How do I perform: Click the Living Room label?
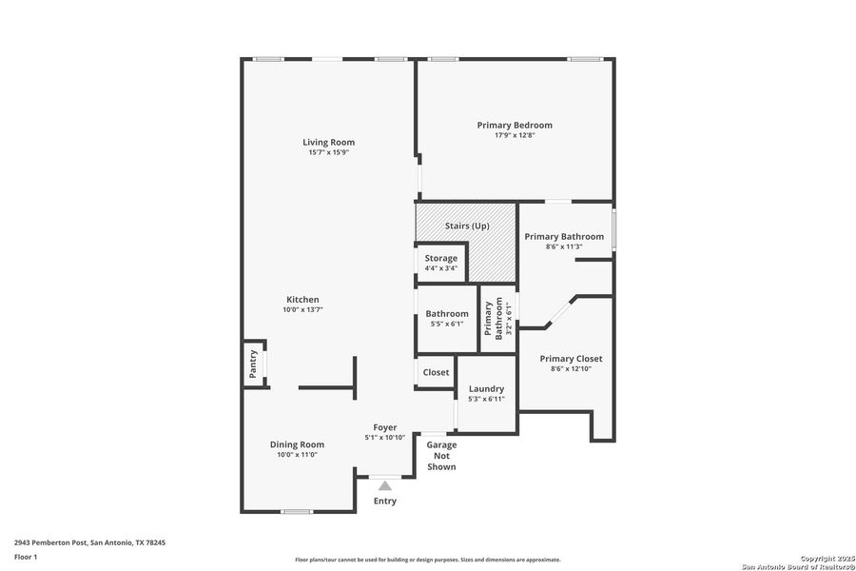(x=329, y=143)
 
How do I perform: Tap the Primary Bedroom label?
(x=515, y=125)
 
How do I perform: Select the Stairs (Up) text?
(x=467, y=226)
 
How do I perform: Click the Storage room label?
(x=441, y=258)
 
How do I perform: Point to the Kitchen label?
(x=302, y=299)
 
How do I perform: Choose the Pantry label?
(x=253, y=364)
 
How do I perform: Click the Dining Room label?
(x=297, y=444)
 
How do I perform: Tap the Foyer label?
(x=384, y=427)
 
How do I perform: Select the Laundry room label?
(x=486, y=388)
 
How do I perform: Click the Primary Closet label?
(x=571, y=359)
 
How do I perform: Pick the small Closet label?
(x=437, y=372)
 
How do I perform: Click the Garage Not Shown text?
(x=441, y=456)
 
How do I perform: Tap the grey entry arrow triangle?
(x=385, y=486)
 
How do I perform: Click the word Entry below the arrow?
(x=385, y=502)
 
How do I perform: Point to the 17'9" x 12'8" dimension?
(x=515, y=135)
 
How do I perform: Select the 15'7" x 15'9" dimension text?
(x=329, y=153)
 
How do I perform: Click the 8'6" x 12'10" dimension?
(x=571, y=369)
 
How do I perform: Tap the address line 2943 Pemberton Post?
(x=89, y=542)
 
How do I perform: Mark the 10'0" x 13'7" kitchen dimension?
(x=302, y=309)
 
